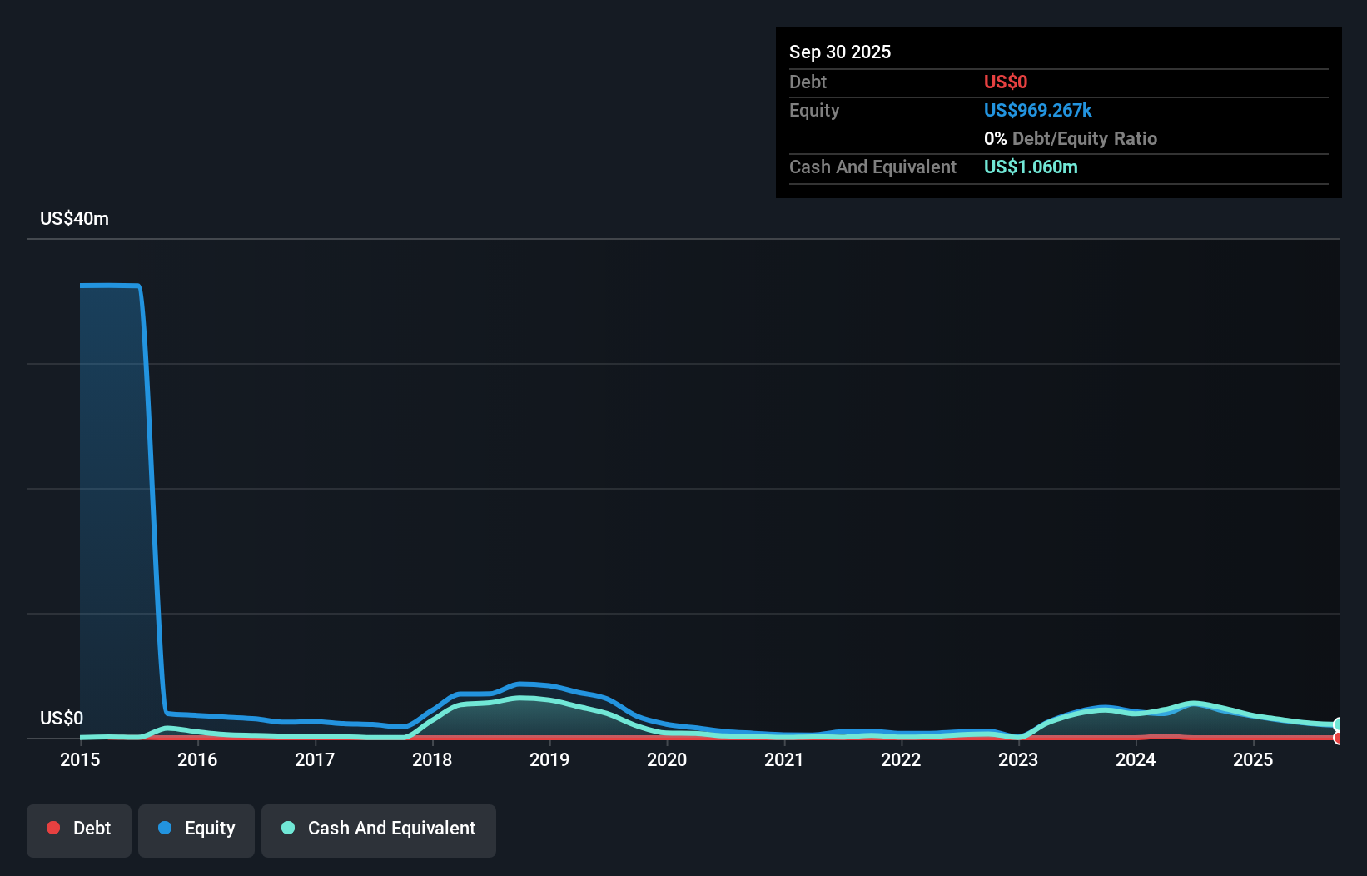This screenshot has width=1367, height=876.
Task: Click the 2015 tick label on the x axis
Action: point(80,759)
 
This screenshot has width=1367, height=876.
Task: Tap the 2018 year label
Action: point(432,759)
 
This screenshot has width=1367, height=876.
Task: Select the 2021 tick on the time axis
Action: point(784,759)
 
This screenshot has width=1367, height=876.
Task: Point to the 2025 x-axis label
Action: point(1253,759)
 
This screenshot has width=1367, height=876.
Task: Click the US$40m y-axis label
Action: point(74,218)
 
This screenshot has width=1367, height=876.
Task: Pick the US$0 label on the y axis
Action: point(62,718)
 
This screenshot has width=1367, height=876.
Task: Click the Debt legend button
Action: point(79,829)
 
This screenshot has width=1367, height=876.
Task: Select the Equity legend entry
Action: point(196,829)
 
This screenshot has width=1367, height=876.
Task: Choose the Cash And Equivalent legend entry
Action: point(379,829)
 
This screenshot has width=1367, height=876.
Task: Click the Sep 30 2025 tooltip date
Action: point(840,52)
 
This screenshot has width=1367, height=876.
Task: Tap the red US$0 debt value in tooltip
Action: point(1006,82)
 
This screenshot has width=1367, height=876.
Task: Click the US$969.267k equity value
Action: point(1038,110)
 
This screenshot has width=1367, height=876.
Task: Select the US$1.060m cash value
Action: point(1031,167)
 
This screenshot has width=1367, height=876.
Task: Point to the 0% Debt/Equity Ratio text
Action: point(1071,138)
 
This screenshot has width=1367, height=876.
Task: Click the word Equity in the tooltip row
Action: point(814,110)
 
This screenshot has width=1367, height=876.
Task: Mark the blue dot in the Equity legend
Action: point(165,828)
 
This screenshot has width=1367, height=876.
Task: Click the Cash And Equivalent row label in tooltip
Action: point(872,167)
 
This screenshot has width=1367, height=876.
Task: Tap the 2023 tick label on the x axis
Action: point(1018,759)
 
